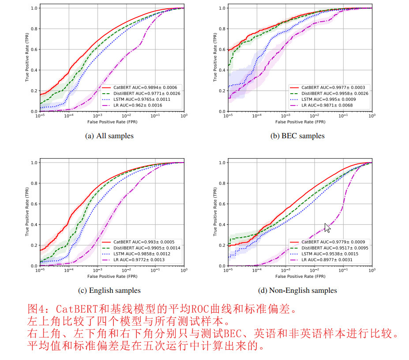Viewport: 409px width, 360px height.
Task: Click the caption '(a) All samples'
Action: [x=109, y=136]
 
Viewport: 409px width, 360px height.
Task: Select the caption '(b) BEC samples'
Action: [x=297, y=136]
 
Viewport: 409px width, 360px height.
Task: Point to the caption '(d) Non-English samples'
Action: [x=297, y=290]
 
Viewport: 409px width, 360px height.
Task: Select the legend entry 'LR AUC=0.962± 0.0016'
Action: [x=134, y=105]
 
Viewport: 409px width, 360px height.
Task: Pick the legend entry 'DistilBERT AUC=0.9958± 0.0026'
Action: [x=329, y=94]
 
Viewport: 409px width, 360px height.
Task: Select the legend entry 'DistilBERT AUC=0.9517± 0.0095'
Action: [x=329, y=248]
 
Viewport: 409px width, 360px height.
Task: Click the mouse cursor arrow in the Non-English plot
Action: [x=327, y=227]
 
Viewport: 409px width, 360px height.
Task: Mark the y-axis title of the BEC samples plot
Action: [x=215, y=60]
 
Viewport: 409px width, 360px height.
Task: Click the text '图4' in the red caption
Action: [x=35, y=309]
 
